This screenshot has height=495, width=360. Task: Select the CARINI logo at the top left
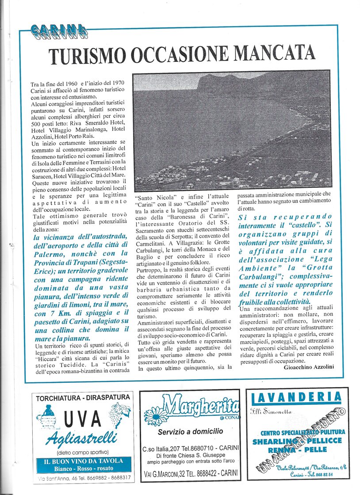tap(59, 30)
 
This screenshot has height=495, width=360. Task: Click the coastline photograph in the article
tap(232, 130)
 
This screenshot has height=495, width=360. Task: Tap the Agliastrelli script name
tap(82, 439)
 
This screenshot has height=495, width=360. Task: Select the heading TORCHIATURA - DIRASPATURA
tap(83, 397)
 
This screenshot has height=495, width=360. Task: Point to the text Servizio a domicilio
tap(190, 431)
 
